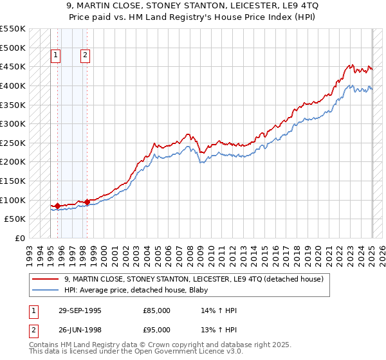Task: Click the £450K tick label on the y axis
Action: (13, 67)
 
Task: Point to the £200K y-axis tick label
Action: (13, 162)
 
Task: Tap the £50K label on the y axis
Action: (15, 219)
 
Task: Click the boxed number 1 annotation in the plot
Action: (56, 55)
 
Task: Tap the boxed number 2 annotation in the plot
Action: (86, 55)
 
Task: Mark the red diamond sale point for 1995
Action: (58, 206)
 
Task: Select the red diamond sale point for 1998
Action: (87, 202)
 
